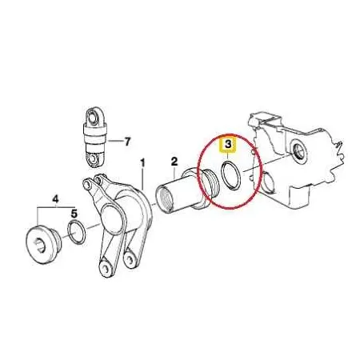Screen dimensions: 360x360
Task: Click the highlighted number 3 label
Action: pos(227,145)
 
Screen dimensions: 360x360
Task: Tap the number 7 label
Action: pos(127,142)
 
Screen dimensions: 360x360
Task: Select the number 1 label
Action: pos(142,163)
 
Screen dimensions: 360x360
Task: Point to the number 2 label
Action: pos(174,161)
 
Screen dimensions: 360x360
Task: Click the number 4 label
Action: pos(55,199)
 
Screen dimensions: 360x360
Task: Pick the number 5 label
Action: pos(74,214)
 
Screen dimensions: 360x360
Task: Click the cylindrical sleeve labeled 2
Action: pos(184,190)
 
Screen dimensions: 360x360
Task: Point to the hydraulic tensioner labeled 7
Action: pos(94,137)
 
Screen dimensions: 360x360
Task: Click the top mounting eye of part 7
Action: pos(93,117)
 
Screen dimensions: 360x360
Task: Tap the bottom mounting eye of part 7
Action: pos(93,158)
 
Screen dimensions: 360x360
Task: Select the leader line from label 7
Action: pos(114,141)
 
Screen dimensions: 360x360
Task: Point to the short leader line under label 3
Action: pos(227,155)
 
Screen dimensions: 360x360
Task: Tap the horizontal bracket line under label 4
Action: pos(56,207)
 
